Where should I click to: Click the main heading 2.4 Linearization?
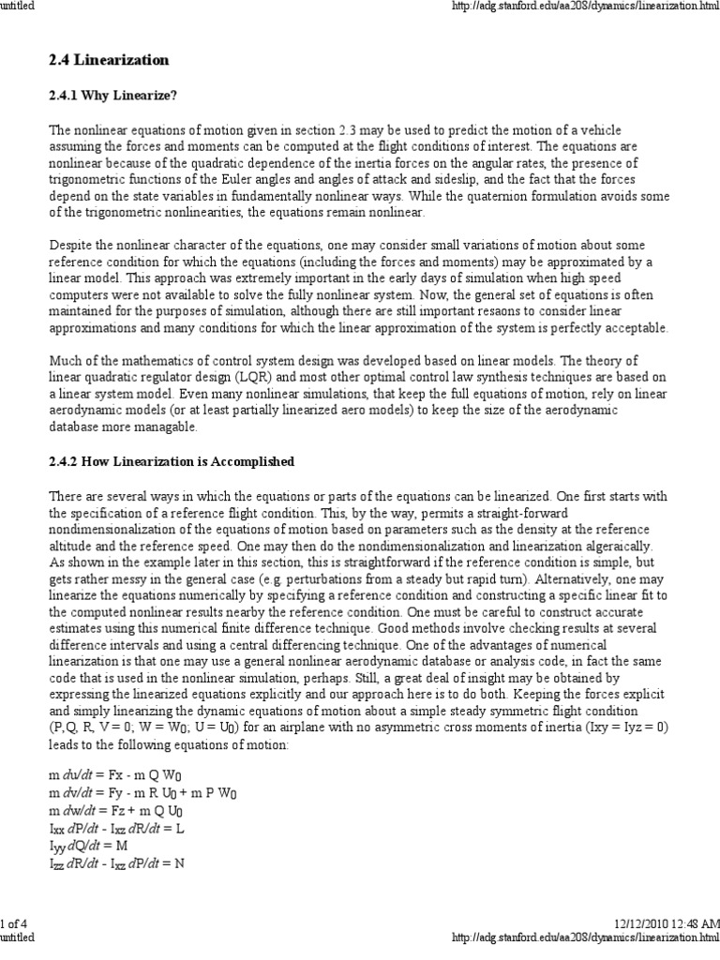[x=108, y=60]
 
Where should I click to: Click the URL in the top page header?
[x=585, y=7]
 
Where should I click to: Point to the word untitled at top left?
[x=18, y=7]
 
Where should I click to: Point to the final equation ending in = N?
[x=116, y=863]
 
